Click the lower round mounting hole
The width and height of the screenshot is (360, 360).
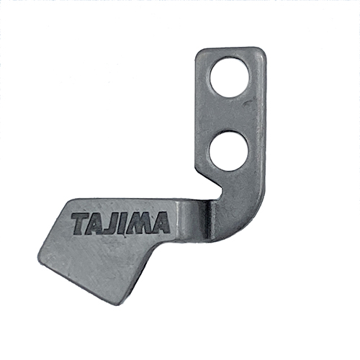pyautogui.click(x=229, y=150)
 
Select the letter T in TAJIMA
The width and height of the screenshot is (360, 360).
pyautogui.click(x=80, y=222)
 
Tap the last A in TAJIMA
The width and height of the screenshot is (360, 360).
pyautogui.click(x=161, y=223)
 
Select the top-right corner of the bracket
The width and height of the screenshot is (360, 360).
pyautogui.click(x=262, y=50)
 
